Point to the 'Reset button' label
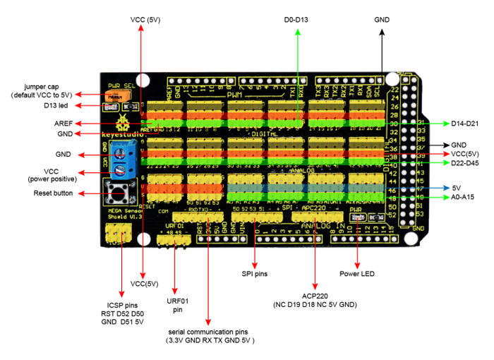53,193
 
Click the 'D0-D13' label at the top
296,20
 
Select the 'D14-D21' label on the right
466,124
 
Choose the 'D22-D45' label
466,163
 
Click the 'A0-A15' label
464,198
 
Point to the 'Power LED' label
358,273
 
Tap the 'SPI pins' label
253,273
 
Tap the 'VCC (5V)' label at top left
145,20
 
